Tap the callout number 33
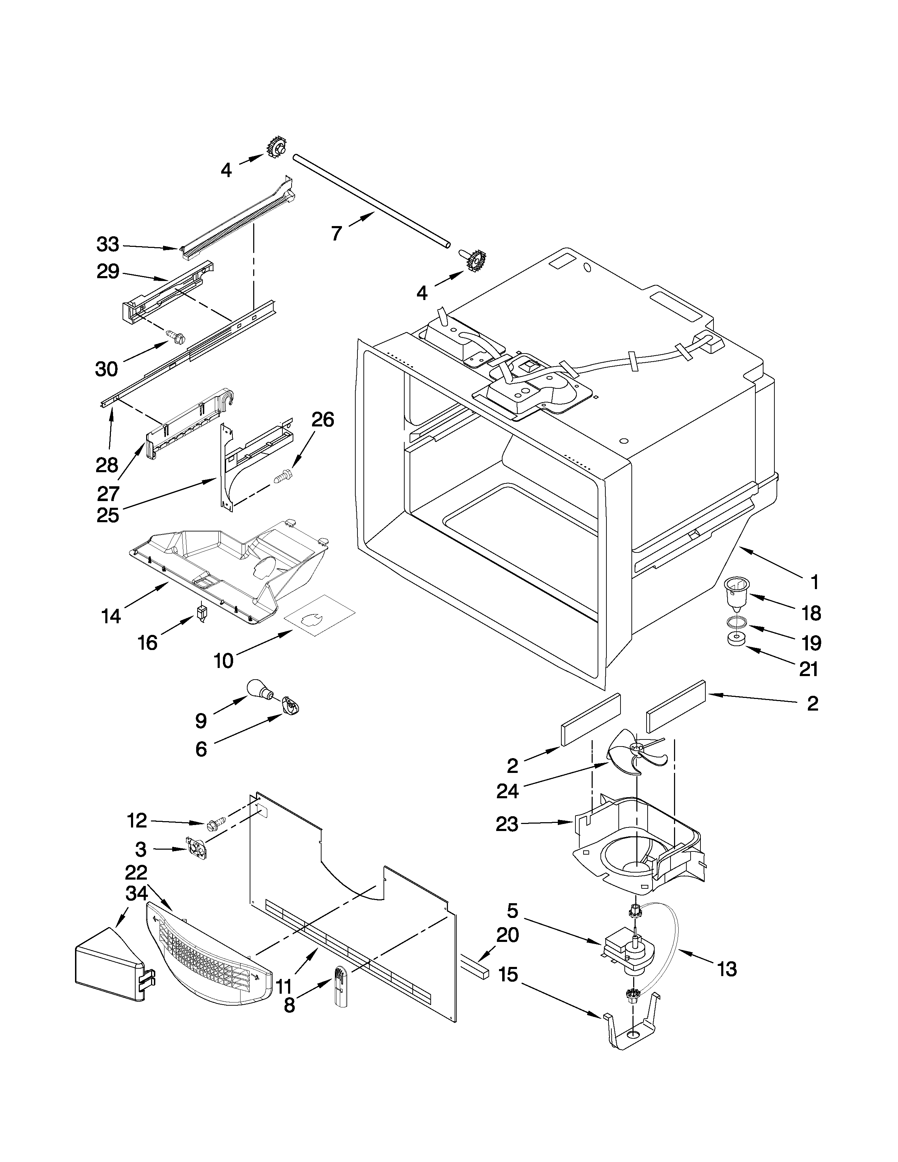point(108,245)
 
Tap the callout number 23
point(507,824)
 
